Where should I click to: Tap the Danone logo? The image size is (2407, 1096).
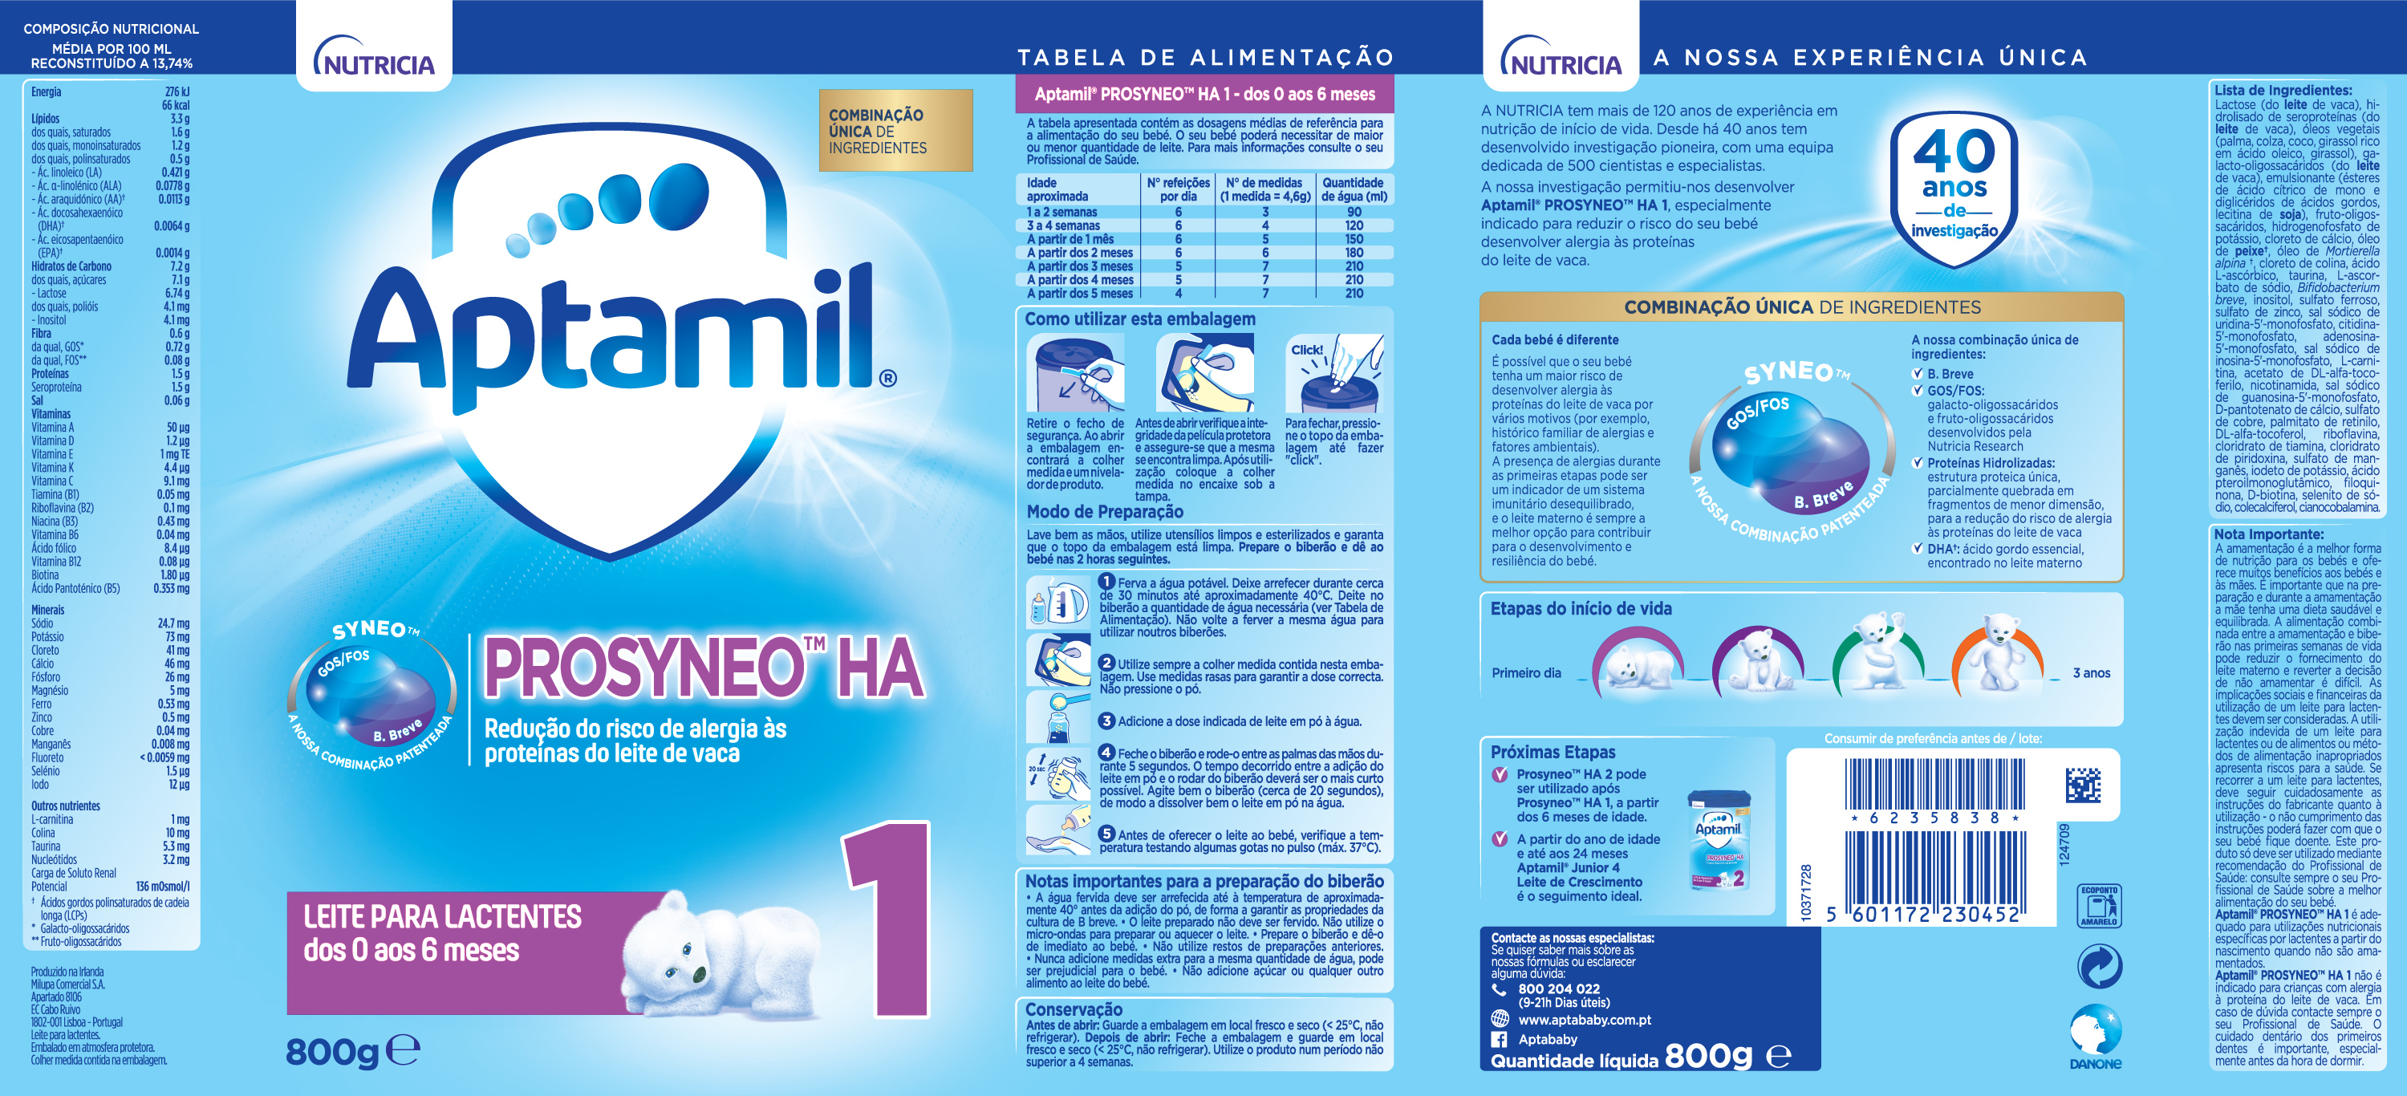[x=2096, y=1035]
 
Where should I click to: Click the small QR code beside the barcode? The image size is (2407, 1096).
[x=2083, y=785]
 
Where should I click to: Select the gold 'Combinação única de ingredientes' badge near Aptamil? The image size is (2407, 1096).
[x=895, y=131]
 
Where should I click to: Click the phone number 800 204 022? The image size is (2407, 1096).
[x=1559, y=988]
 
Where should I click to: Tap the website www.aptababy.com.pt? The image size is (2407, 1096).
[x=1584, y=1020]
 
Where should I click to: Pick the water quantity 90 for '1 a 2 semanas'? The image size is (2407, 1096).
[x=1354, y=212]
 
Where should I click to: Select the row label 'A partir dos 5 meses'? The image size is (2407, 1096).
[x=1079, y=294]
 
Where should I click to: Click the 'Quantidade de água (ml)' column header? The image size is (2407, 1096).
[x=1353, y=189]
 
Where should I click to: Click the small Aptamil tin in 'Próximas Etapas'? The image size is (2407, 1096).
[x=1719, y=839]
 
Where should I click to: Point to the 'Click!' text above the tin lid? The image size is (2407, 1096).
[x=1306, y=351]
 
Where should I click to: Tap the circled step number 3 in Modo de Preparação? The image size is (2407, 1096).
[x=1106, y=721]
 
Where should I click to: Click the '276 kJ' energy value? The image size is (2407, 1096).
[x=177, y=91]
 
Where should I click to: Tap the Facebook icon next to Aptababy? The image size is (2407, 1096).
[x=1499, y=1039]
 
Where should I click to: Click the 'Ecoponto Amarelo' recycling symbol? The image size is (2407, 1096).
[x=2099, y=904]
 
